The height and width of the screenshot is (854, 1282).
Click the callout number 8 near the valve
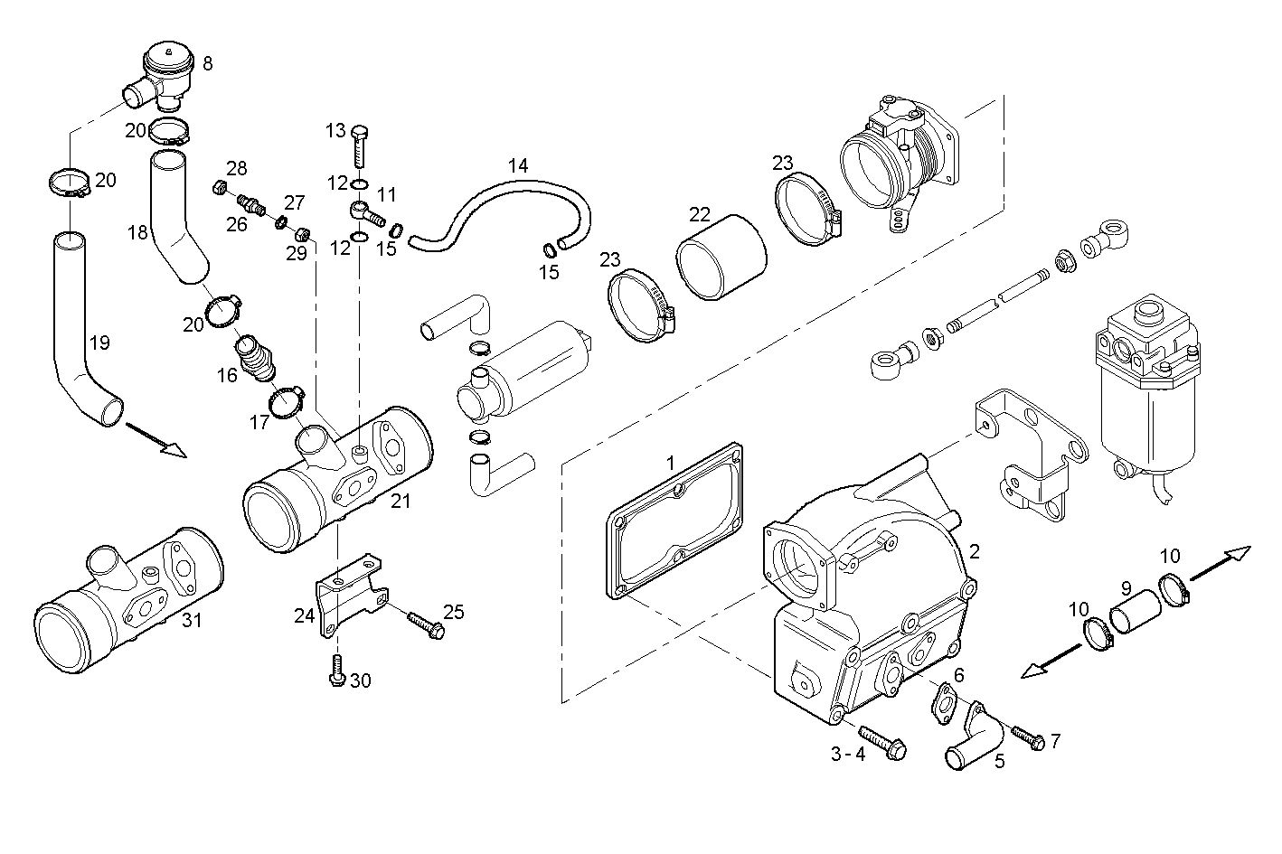tap(208, 63)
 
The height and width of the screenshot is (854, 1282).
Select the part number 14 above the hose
tap(517, 166)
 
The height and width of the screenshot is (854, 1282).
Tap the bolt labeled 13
tap(359, 145)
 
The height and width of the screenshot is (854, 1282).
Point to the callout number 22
tap(699, 214)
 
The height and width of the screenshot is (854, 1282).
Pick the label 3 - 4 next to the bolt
tap(848, 754)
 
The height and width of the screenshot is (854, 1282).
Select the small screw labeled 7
tap(1028, 737)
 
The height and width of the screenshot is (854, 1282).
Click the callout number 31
tap(191, 620)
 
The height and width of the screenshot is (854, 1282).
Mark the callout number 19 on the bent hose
tap(99, 343)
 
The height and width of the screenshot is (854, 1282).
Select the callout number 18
tap(137, 233)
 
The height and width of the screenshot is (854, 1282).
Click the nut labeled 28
tap(217, 188)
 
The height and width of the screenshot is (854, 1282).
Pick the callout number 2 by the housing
tap(974, 550)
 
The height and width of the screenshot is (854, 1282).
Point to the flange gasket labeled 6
tap(941, 704)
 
